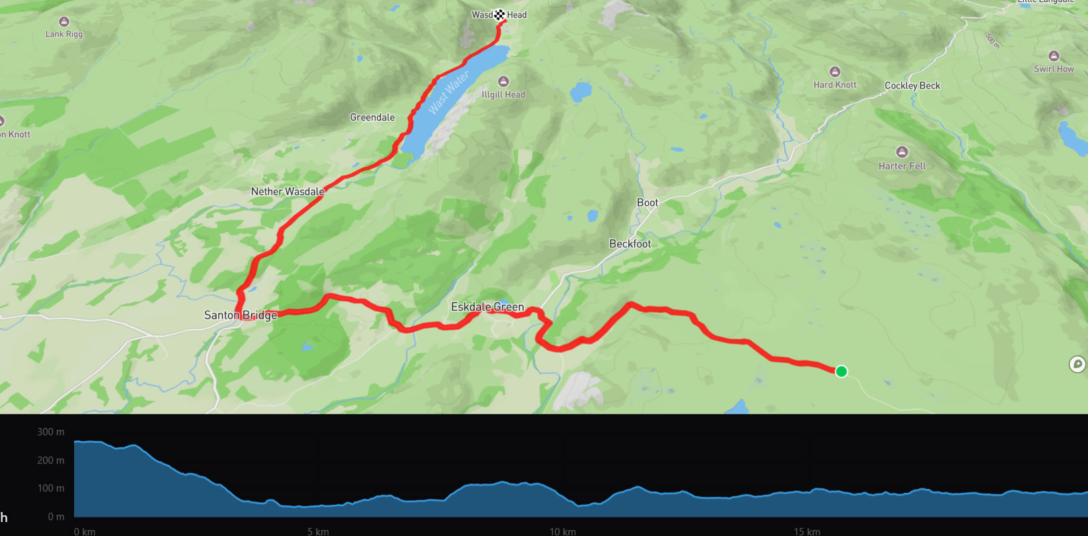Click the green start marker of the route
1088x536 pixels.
841,371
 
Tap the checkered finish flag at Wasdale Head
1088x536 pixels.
499,15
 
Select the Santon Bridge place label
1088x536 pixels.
240,315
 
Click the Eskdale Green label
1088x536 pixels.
487,307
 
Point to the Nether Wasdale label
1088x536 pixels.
287,192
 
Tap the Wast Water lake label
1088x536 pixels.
448,93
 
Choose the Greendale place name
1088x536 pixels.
372,117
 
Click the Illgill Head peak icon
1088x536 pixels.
503,81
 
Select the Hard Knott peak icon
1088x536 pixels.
834,72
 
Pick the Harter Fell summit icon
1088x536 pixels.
902,152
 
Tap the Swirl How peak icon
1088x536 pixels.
1053,56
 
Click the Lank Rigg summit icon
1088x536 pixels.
64,22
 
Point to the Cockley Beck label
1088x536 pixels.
912,86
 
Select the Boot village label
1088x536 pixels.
647,203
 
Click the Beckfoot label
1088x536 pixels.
629,244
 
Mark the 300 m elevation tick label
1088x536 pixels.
51,432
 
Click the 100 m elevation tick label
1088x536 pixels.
51,489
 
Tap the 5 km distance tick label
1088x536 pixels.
318,531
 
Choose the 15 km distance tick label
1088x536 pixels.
806,531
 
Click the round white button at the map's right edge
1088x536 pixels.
1077,364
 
